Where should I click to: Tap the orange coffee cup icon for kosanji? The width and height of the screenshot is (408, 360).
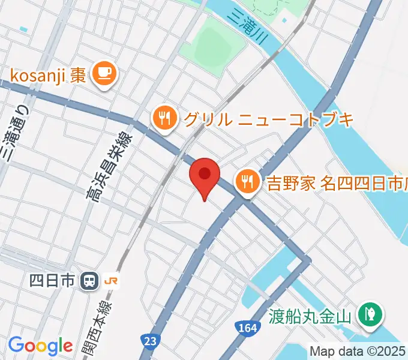coord(105,74)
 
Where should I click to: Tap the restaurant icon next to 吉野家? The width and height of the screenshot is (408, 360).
coord(247,179)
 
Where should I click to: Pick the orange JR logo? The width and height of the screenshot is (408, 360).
coord(111,280)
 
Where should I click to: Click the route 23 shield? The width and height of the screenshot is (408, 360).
coord(150,340)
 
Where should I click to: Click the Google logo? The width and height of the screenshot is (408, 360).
coord(40,346)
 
